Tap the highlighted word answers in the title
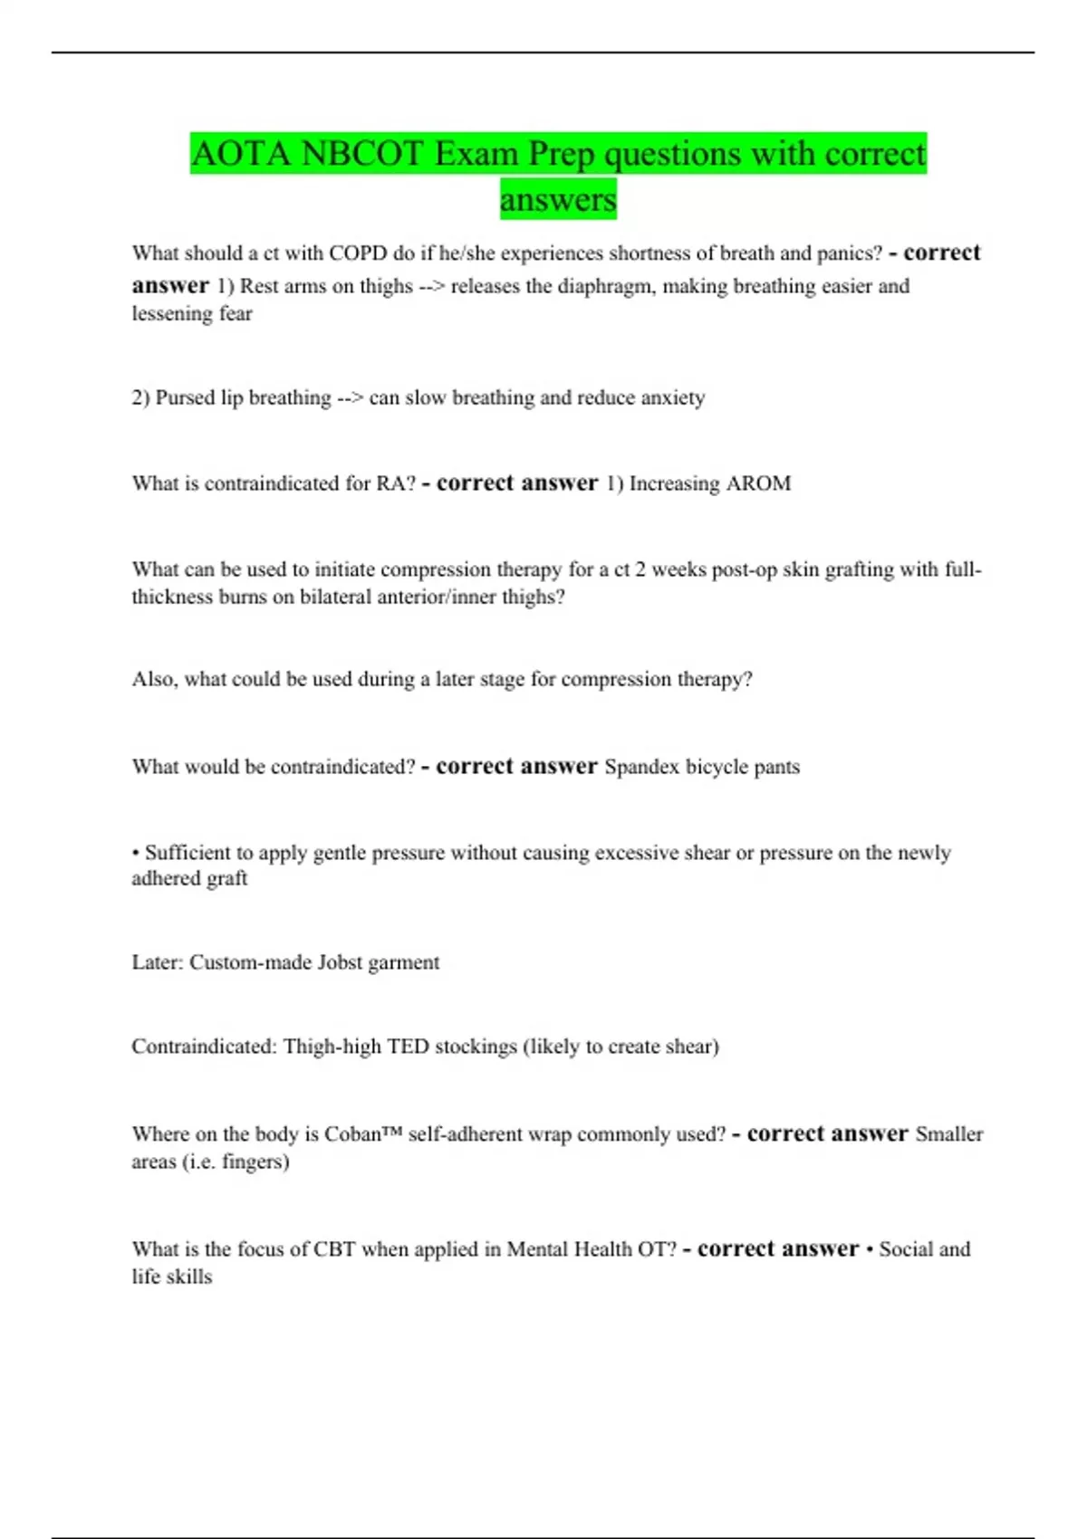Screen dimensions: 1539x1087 coord(558,199)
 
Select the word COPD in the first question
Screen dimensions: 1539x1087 coord(358,253)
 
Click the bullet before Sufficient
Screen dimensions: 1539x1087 coord(135,853)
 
